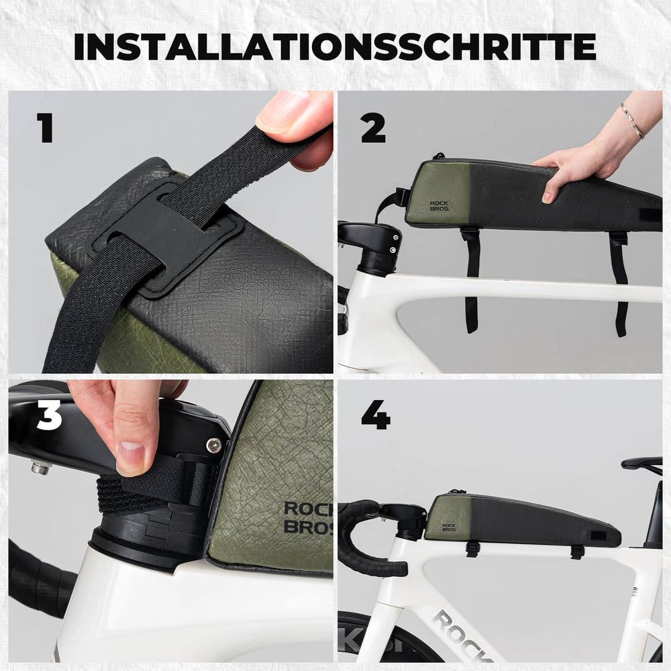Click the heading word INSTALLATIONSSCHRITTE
pos(335,46)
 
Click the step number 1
pos(45,127)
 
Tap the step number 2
pos(373,127)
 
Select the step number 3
pos(49,415)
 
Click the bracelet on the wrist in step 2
pos(631,121)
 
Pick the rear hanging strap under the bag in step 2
pos(619,282)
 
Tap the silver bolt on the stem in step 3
pos(213,446)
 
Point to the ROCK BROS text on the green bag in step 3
pos(307,517)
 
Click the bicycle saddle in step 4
pos(641,463)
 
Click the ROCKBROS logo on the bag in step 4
pos(448,527)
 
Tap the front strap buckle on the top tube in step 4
pos(472,548)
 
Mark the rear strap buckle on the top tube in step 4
pos(576,552)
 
